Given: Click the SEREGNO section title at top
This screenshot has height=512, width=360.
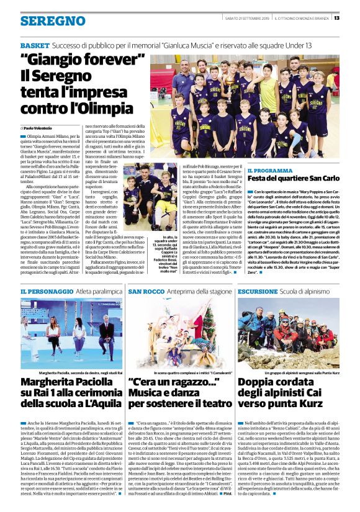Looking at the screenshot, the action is (44, 20).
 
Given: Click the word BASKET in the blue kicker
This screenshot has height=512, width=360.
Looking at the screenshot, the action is (35, 46).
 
